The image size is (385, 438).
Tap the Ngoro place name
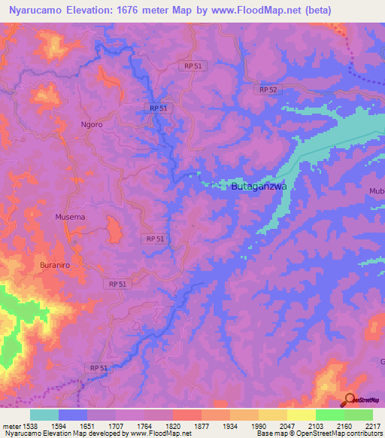[x=91, y=125]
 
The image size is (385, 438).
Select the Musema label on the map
[x=70, y=217]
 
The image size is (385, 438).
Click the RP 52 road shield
[x=268, y=90]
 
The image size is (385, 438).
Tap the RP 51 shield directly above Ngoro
[x=159, y=108]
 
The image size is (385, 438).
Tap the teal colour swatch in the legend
[x=44, y=415]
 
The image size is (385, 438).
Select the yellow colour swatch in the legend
[x=301, y=415]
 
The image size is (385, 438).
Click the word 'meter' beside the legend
[x=10, y=426]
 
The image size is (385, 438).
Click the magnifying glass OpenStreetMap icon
[x=348, y=399]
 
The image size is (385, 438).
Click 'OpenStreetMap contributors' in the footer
[x=337, y=433]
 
